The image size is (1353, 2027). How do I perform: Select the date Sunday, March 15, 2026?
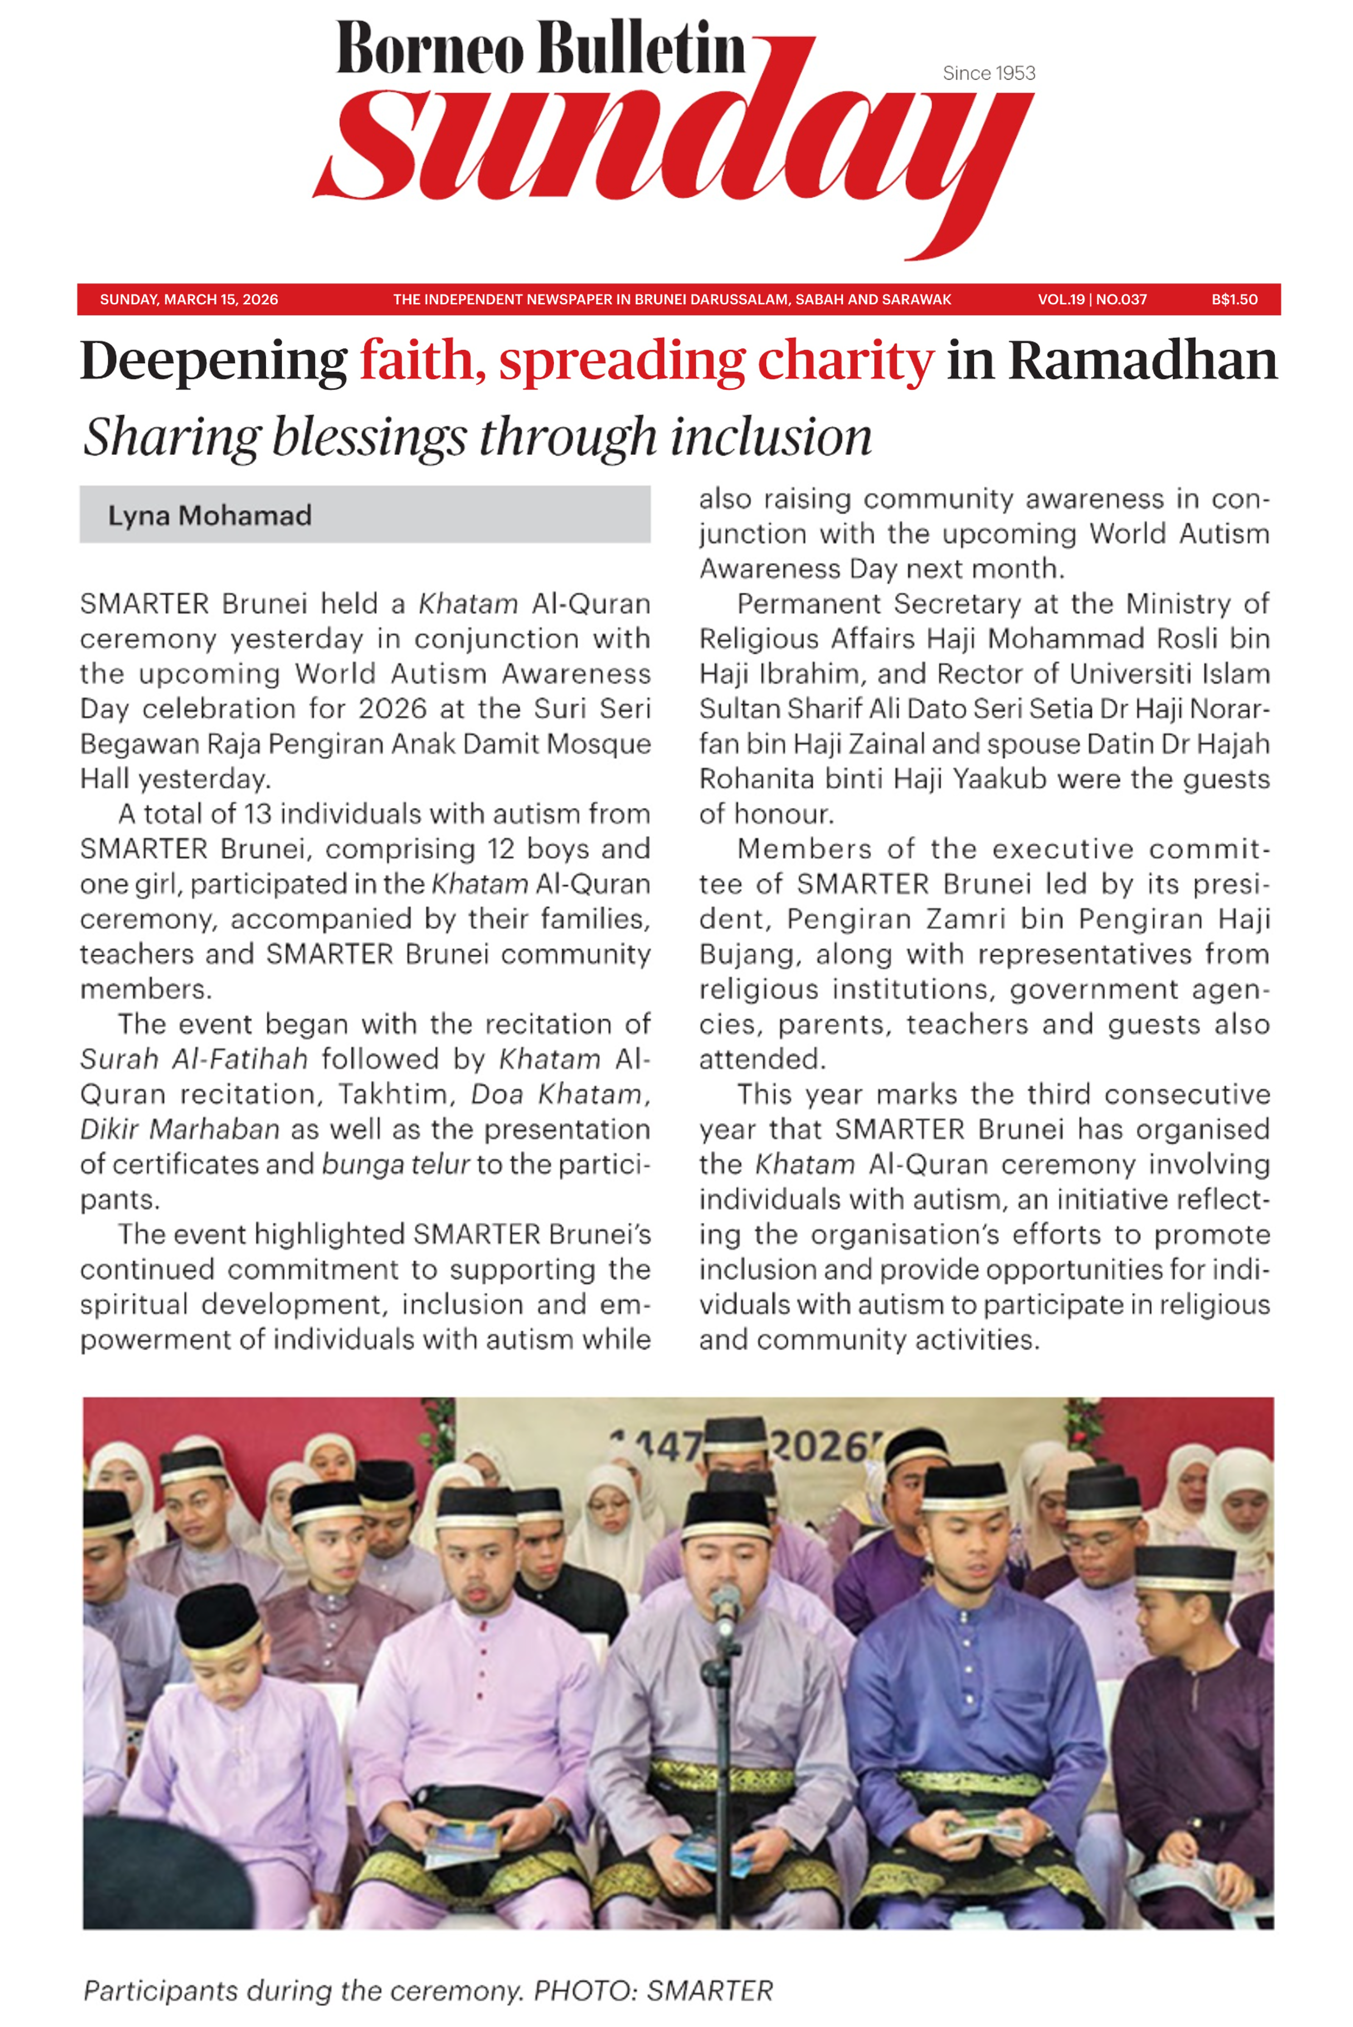[x=189, y=299]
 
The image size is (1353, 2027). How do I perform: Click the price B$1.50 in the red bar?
[x=1234, y=299]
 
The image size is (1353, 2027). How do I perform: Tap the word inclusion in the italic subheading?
[x=770, y=437]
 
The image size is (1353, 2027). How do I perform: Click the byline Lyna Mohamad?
[x=209, y=515]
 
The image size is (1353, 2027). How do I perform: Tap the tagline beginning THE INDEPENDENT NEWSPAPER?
[x=672, y=299]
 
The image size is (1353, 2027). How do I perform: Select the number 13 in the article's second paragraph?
[x=257, y=814]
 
